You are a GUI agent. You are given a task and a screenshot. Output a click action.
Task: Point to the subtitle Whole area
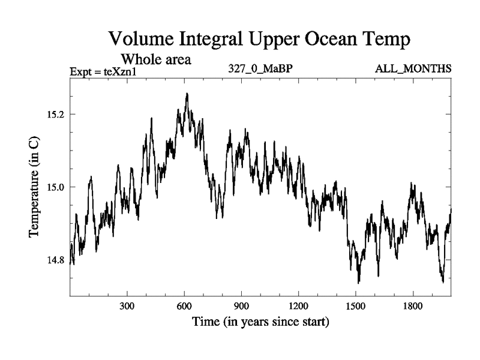[x=156, y=59]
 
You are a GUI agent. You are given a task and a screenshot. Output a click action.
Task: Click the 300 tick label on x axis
[x=127, y=305]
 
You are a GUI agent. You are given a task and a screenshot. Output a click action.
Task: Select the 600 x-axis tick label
[x=184, y=305]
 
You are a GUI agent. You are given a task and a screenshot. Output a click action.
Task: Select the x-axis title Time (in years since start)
[x=260, y=322]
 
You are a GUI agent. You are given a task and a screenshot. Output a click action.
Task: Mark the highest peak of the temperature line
[x=187, y=94]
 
